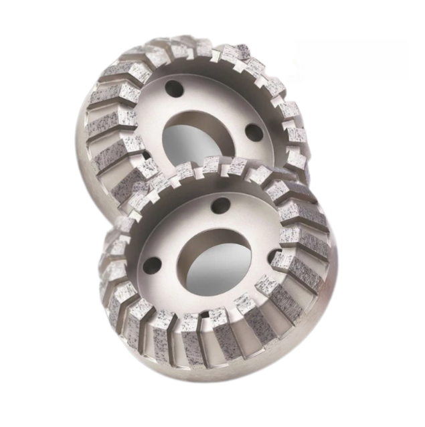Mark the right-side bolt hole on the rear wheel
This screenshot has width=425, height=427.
pos(254,132)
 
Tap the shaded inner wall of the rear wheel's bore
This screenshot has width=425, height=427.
pos(175,124)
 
